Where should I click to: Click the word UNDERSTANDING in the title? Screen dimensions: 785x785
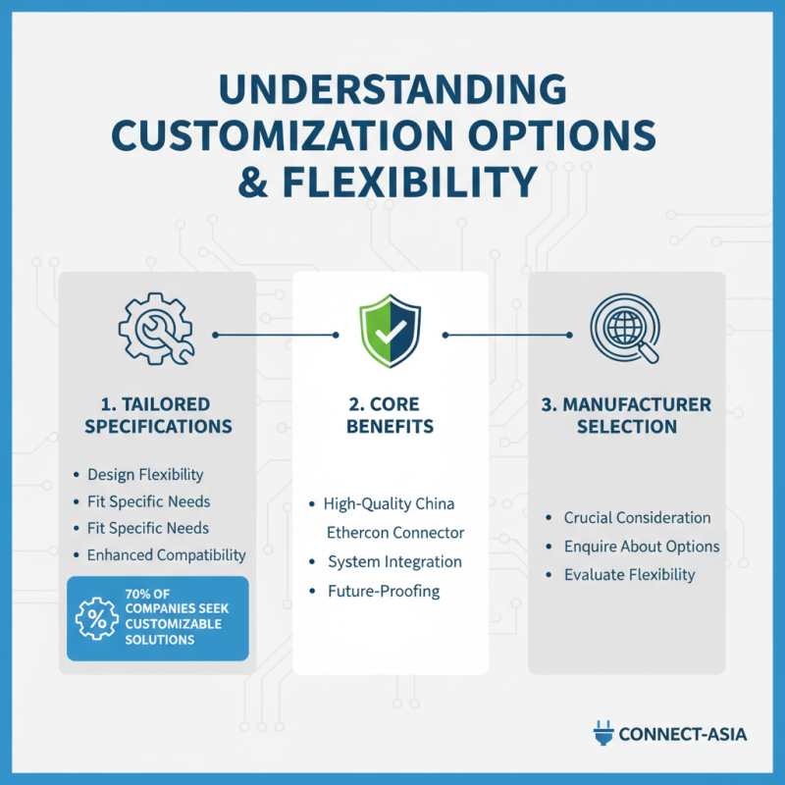(x=392, y=89)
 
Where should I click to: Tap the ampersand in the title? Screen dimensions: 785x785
(x=253, y=182)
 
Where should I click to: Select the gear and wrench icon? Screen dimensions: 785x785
(x=156, y=329)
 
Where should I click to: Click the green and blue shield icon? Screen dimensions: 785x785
(x=390, y=331)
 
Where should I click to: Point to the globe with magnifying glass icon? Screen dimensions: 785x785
(x=625, y=328)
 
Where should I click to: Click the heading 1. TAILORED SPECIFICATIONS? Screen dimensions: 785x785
(x=158, y=415)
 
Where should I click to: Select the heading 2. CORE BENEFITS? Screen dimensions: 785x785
(x=390, y=415)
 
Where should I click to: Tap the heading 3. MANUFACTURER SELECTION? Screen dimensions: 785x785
(x=626, y=415)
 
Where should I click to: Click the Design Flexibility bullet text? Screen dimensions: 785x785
(x=145, y=474)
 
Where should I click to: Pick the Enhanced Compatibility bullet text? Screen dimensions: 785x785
(x=166, y=554)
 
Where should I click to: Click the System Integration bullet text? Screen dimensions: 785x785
(x=394, y=561)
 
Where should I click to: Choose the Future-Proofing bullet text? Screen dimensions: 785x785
(x=384, y=591)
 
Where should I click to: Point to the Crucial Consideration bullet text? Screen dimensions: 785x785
(x=637, y=517)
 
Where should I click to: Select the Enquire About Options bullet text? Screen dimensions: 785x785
(x=642, y=547)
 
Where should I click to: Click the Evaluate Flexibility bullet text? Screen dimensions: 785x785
(x=629, y=575)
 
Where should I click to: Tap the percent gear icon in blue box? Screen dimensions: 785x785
(x=96, y=619)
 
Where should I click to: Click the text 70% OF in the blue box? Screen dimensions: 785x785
(x=147, y=594)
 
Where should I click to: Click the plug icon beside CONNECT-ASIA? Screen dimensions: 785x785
(x=603, y=733)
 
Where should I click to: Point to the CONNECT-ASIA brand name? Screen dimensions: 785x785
(x=683, y=734)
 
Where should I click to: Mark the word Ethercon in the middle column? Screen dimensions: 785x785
(x=355, y=533)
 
